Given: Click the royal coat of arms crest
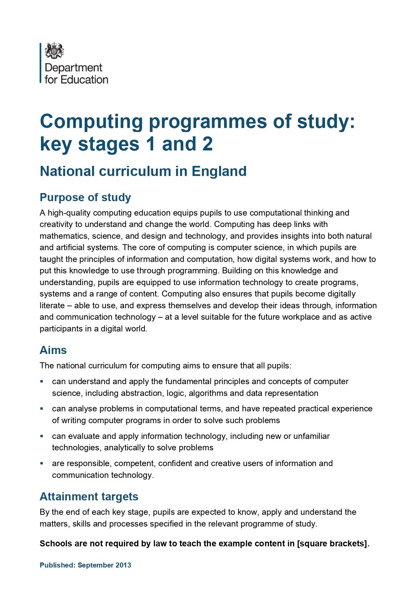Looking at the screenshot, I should click(x=54, y=51).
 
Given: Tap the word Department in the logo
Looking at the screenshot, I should click(x=73, y=68).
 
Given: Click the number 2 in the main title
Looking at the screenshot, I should click(x=207, y=144).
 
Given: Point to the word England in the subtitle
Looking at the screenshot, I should click(x=219, y=171).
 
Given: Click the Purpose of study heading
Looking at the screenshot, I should click(x=85, y=197).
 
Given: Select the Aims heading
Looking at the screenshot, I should click(x=53, y=350).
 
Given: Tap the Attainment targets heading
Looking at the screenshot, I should click(x=89, y=497).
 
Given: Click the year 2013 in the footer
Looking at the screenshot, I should click(x=123, y=565).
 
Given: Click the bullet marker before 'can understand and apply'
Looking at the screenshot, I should click(x=42, y=381).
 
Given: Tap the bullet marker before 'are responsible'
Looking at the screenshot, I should click(x=42, y=463).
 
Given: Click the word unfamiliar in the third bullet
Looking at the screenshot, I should click(x=311, y=436).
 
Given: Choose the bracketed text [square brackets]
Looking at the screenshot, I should click(x=333, y=544).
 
